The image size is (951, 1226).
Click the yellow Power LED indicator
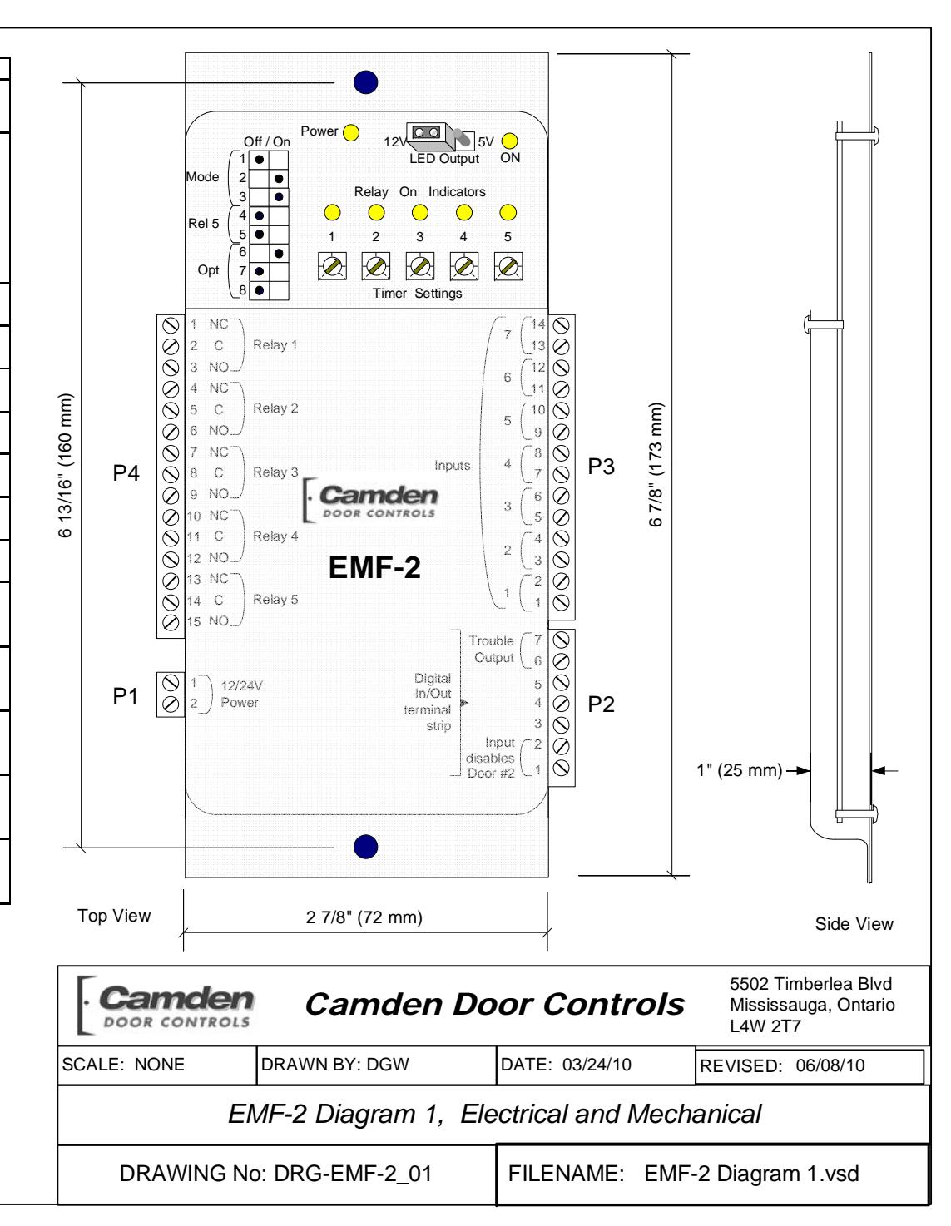click(x=351, y=132)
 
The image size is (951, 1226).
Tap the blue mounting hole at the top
click(x=366, y=82)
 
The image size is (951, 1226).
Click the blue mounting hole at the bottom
click(x=366, y=847)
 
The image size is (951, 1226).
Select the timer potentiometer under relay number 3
click(x=420, y=266)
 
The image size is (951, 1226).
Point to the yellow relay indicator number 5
click(x=508, y=213)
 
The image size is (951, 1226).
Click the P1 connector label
click(x=126, y=696)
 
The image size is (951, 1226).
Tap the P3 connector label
click(x=601, y=467)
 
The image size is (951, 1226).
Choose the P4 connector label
click(x=126, y=472)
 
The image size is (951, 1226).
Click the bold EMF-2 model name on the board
click(x=374, y=567)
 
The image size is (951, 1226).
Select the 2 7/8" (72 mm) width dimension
click(x=364, y=917)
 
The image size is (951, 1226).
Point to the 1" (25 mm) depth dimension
click(x=740, y=770)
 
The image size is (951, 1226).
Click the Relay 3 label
click(x=275, y=472)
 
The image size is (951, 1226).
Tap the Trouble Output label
click(x=492, y=649)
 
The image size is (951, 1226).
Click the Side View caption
click(x=854, y=923)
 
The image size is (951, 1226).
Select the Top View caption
click(x=114, y=916)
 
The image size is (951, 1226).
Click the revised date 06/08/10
click(x=830, y=1065)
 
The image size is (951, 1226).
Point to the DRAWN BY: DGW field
click(x=334, y=1064)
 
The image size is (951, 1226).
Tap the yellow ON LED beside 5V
click(x=510, y=141)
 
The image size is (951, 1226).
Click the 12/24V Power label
click(x=241, y=694)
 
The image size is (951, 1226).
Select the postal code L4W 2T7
click(x=765, y=1026)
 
